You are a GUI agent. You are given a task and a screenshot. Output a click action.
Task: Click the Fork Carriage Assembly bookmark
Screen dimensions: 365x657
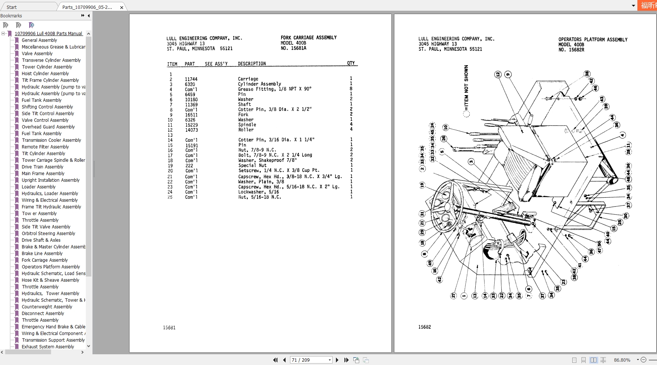tap(44, 260)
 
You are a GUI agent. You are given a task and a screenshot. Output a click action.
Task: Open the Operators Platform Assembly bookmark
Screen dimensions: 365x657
tap(51, 267)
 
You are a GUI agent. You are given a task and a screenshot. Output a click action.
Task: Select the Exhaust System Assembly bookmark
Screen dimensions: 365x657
tap(48, 347)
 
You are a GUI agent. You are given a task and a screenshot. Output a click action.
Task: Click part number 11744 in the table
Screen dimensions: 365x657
tap(191, 79)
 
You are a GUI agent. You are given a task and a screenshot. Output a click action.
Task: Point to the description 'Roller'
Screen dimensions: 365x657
tap(246, 130)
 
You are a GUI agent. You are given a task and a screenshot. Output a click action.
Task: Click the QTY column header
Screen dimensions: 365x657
tap(351, 63)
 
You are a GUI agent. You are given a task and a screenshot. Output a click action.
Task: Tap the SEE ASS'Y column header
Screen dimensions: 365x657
tap(216, 64)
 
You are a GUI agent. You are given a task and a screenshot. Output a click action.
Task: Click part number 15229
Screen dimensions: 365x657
tap(191, 125)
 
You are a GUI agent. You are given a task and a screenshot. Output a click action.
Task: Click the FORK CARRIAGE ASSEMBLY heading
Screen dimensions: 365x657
tap(309, 38)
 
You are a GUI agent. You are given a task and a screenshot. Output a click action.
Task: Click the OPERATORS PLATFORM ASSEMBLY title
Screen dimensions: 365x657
tap(593, 40)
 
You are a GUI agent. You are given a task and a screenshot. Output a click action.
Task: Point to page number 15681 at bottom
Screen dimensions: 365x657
tap(169, 328)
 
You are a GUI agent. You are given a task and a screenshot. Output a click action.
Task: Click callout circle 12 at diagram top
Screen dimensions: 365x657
tap(498, 74)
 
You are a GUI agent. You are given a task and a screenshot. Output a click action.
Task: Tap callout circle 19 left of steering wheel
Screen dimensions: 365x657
tap(422, 185)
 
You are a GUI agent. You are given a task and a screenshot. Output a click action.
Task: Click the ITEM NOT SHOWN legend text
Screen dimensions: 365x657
tap(466, 87)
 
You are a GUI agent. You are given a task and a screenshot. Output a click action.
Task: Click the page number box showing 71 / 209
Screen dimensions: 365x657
tap(309, 360)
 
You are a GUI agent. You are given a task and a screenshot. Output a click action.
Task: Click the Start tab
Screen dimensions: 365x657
tap(11, 7)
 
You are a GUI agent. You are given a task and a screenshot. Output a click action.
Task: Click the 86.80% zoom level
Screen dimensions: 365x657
tap(622, 360)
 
